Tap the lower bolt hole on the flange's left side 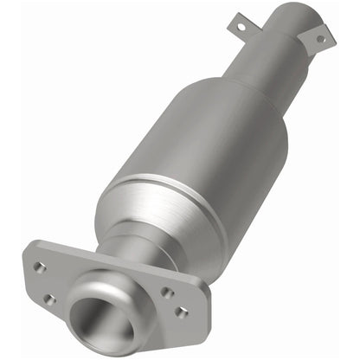tap(49, 299)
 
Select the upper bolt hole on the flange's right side tap(165, 292)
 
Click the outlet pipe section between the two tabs tap(281, 43)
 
